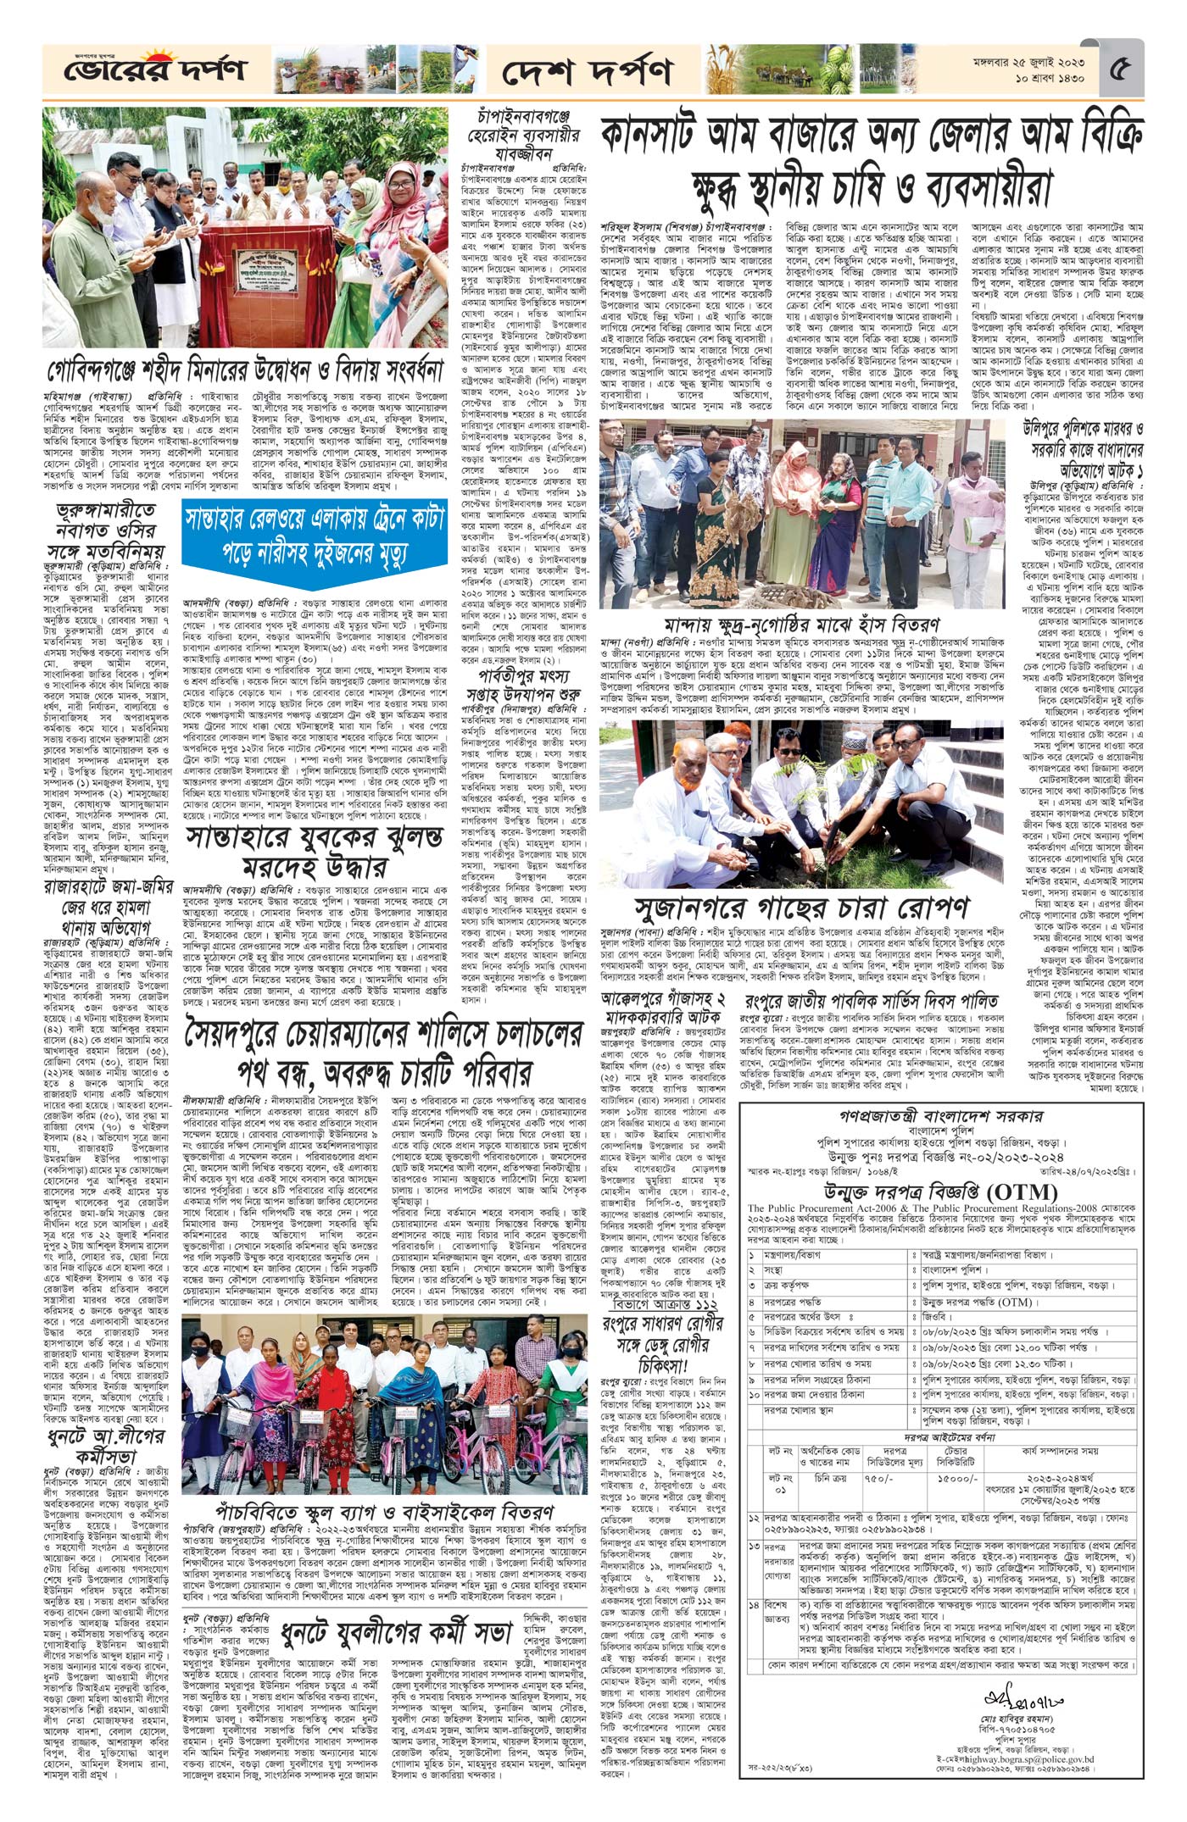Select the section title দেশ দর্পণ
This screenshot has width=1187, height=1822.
tap(586, 71)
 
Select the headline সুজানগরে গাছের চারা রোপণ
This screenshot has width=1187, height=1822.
tap(800, 908)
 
